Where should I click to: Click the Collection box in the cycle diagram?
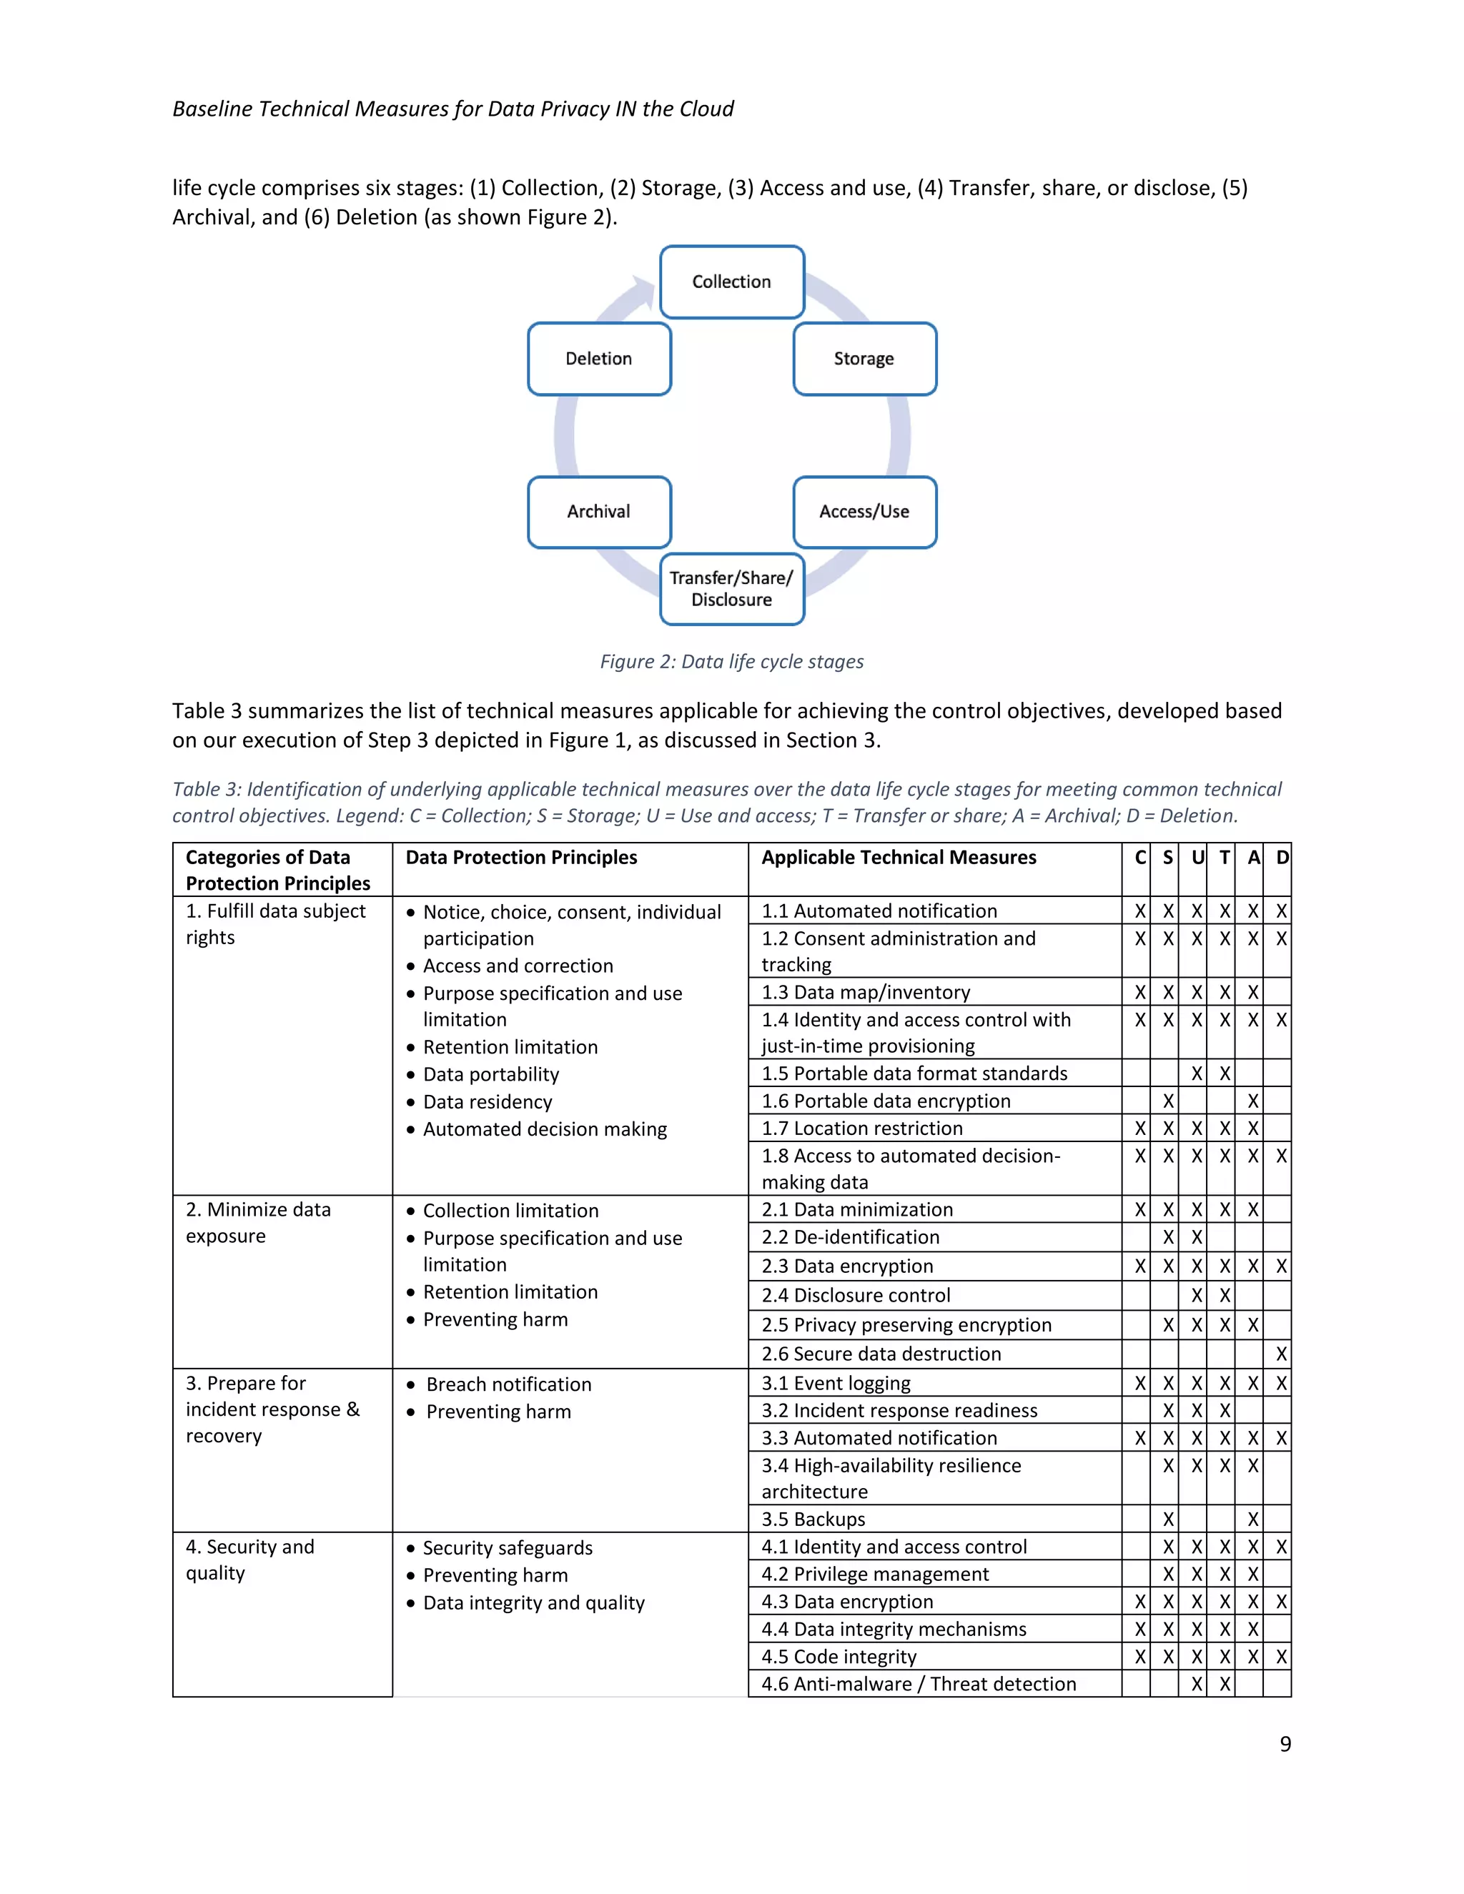[731, 282]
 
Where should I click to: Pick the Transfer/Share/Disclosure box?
[731, 589]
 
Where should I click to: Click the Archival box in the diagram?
[598, 512]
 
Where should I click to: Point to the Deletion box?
[598, 358]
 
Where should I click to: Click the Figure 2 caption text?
[731, 662]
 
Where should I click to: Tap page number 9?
[1285, 1744]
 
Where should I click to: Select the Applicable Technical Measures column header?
[899, 858]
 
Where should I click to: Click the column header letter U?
[1197, 858]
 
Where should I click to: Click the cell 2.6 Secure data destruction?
[881, 1354]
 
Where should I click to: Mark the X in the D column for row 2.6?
[1280, 1354]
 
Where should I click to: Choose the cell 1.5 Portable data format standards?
[914, 1074]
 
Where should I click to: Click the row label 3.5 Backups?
[813, 1519]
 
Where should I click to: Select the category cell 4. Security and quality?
[249, 1560]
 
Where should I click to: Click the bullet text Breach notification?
[508, 1385]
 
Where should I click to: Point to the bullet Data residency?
[488, 1102]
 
